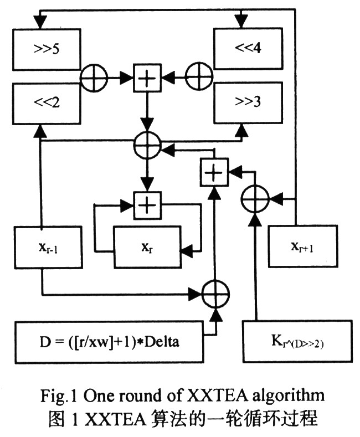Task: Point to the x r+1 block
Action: [301, 247]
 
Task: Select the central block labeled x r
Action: [146, 247]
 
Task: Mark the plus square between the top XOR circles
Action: [146, 80]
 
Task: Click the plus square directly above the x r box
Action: [146, 204]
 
